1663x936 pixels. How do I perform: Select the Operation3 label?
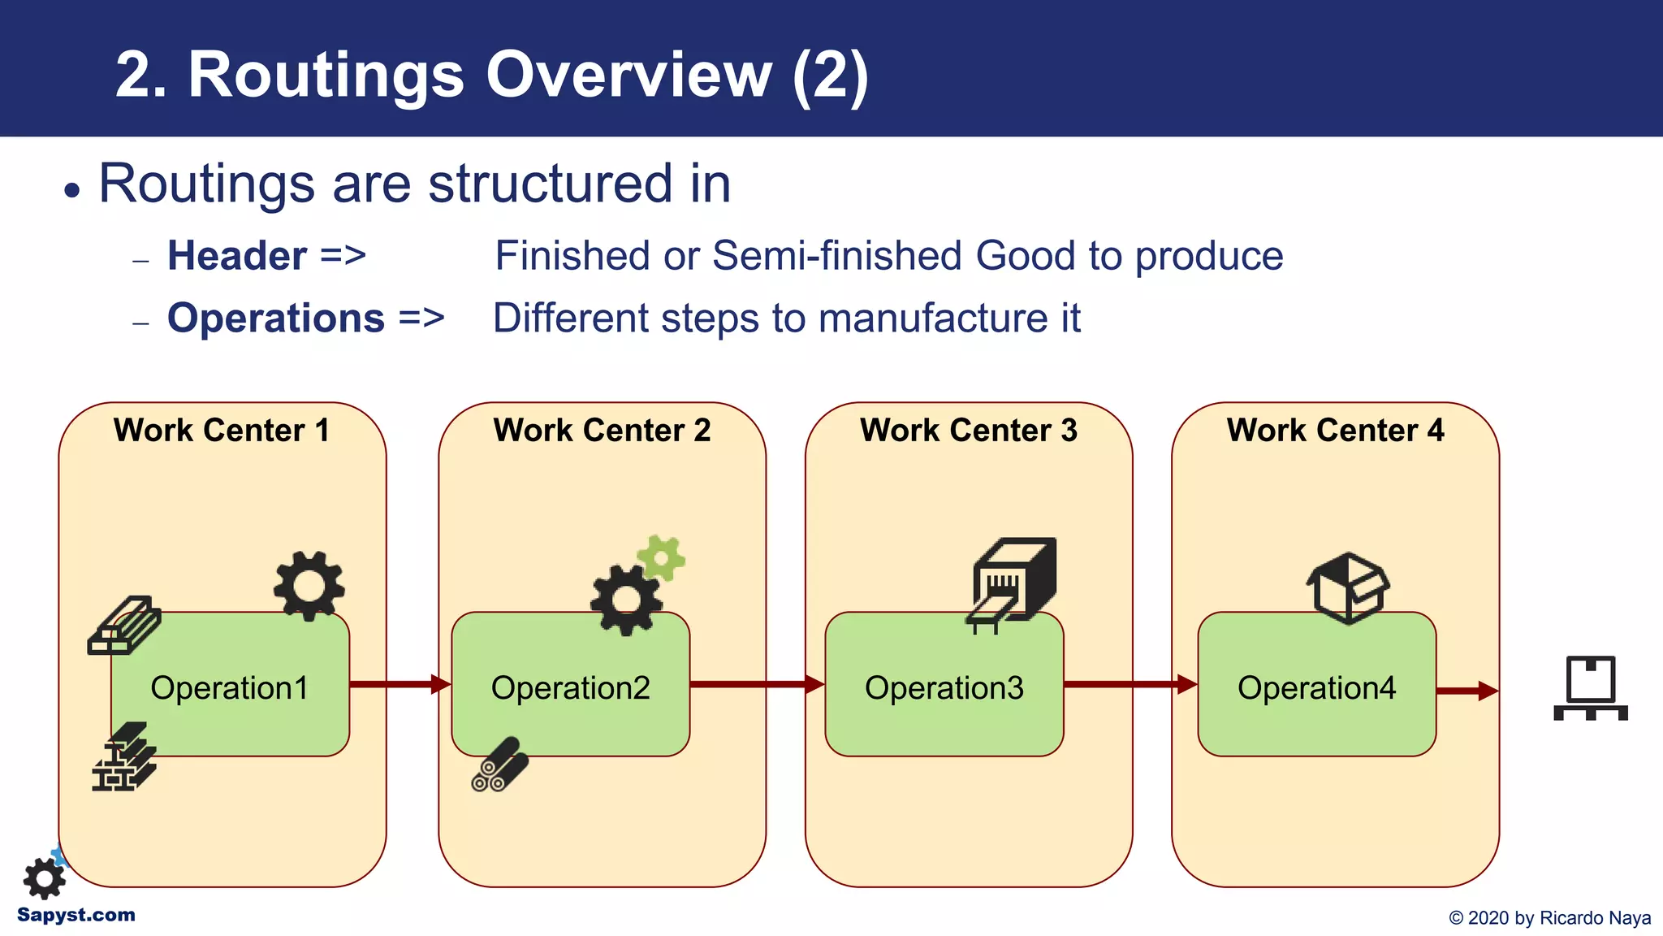(x=944, y=688)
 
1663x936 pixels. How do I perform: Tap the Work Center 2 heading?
(x=602, y=430)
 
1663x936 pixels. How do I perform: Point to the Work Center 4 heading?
(x=1335, y=430)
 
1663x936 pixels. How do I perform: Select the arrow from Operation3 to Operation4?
(x=1129, y=684)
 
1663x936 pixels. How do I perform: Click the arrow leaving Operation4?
(x=1466, y=691)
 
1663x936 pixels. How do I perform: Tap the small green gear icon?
(x=661, y=558)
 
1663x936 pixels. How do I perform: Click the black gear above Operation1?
(x=309, y=586)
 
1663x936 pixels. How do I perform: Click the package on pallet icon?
(x=1590, y=689)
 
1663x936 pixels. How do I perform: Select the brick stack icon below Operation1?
(x=123, y=757)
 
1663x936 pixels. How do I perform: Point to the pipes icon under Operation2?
(x=499, y=765)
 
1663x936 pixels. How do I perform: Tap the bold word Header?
(x=237, y=256)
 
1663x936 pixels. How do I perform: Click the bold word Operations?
(x=276, y=318)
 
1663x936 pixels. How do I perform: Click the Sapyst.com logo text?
(x=76, y=915)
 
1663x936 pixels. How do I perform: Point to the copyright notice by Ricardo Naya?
(x=1549, y=918)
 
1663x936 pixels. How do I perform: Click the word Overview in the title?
(x=628, y=75)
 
